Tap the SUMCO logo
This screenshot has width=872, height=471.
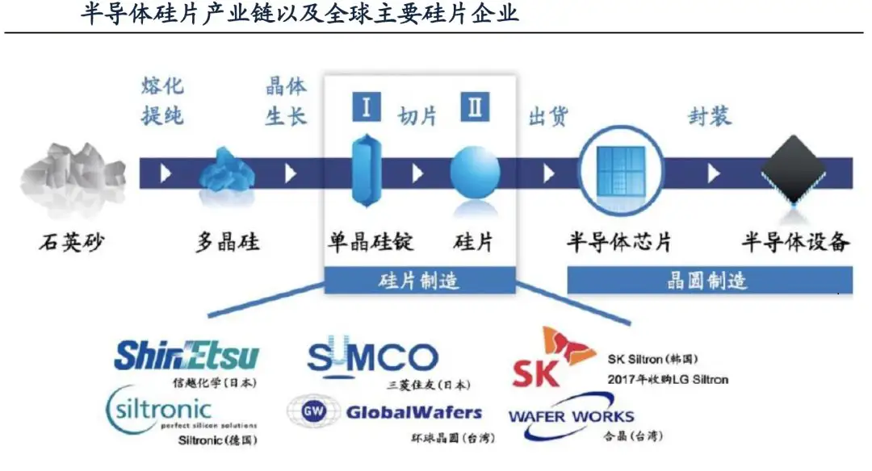pyautogui.click(x=372, y=357)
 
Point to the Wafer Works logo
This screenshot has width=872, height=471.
pyautogui.click(x=571, y=416)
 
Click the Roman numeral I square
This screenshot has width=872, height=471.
pyautogui.click(x=366, y=107)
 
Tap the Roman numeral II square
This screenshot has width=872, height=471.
pyautogui.click(x=475, y=107)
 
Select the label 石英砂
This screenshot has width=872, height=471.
pyautogui.click(x=72, y=241)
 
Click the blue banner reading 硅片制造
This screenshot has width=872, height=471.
pyautogui.click(x=420, y=281)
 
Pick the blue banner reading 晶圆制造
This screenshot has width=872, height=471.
pyautogui.click(x=709, y=281)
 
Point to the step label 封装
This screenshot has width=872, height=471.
pyautogui.click(x=710, y=116)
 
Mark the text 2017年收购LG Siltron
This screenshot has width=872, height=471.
pyautogui.click(x=667, y=378)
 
